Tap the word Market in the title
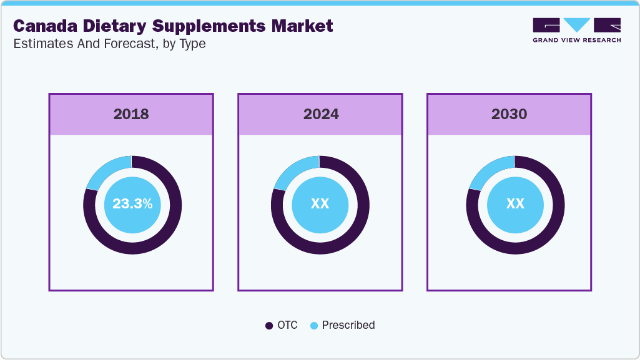[x=302, y=26]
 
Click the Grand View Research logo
[x=576, y=29]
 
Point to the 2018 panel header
[x=131, y=114]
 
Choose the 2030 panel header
[x=509, y=114]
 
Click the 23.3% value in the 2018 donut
[x=132, y=204]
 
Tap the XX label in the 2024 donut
[x=320, y=204]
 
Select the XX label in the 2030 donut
[x=515, y=204]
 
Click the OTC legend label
[x=288, y=325]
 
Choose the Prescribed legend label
[x=348, y=325]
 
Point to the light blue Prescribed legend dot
[x=314, y=326]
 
